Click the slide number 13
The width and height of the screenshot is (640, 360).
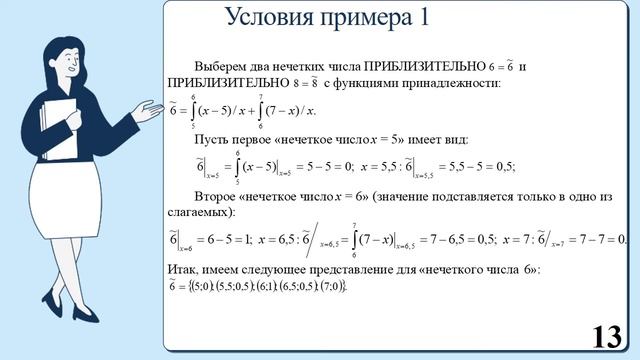click(x=606, y=336)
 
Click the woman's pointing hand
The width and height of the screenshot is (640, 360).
click(x=147, y=109)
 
